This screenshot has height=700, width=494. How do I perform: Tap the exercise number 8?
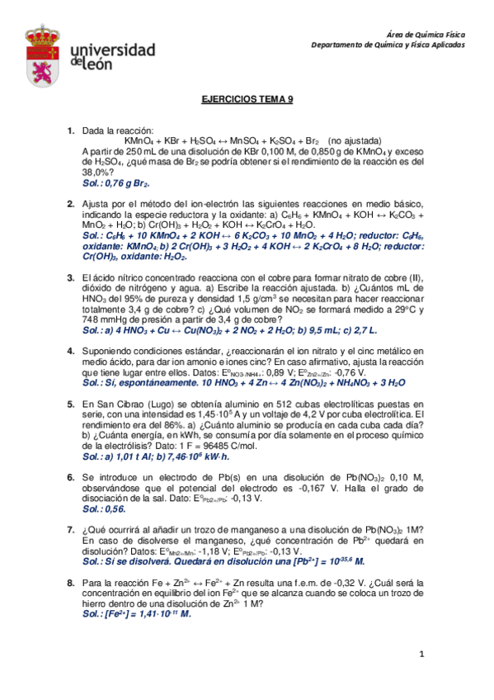(x=70, y=583)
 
